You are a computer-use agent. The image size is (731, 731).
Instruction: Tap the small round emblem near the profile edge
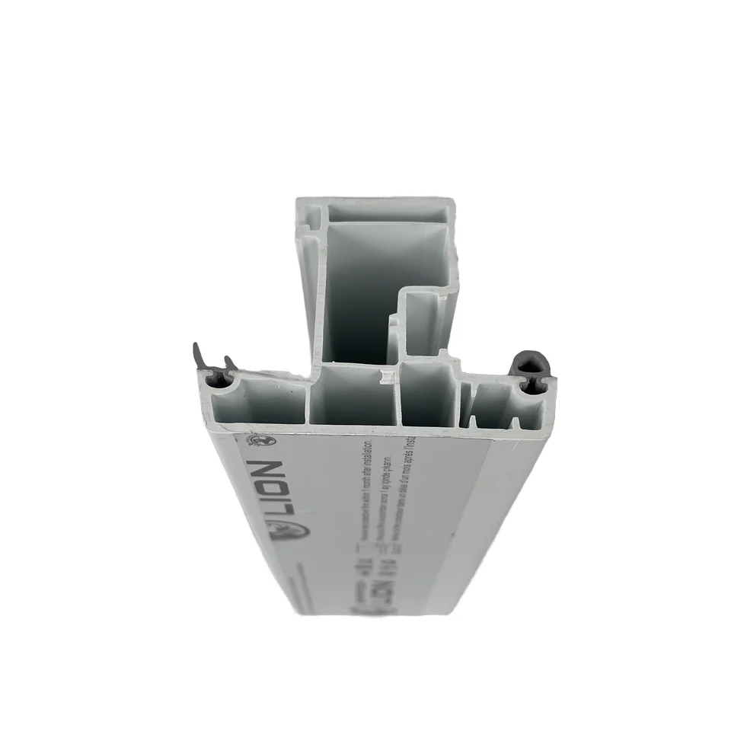coord(257,439)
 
